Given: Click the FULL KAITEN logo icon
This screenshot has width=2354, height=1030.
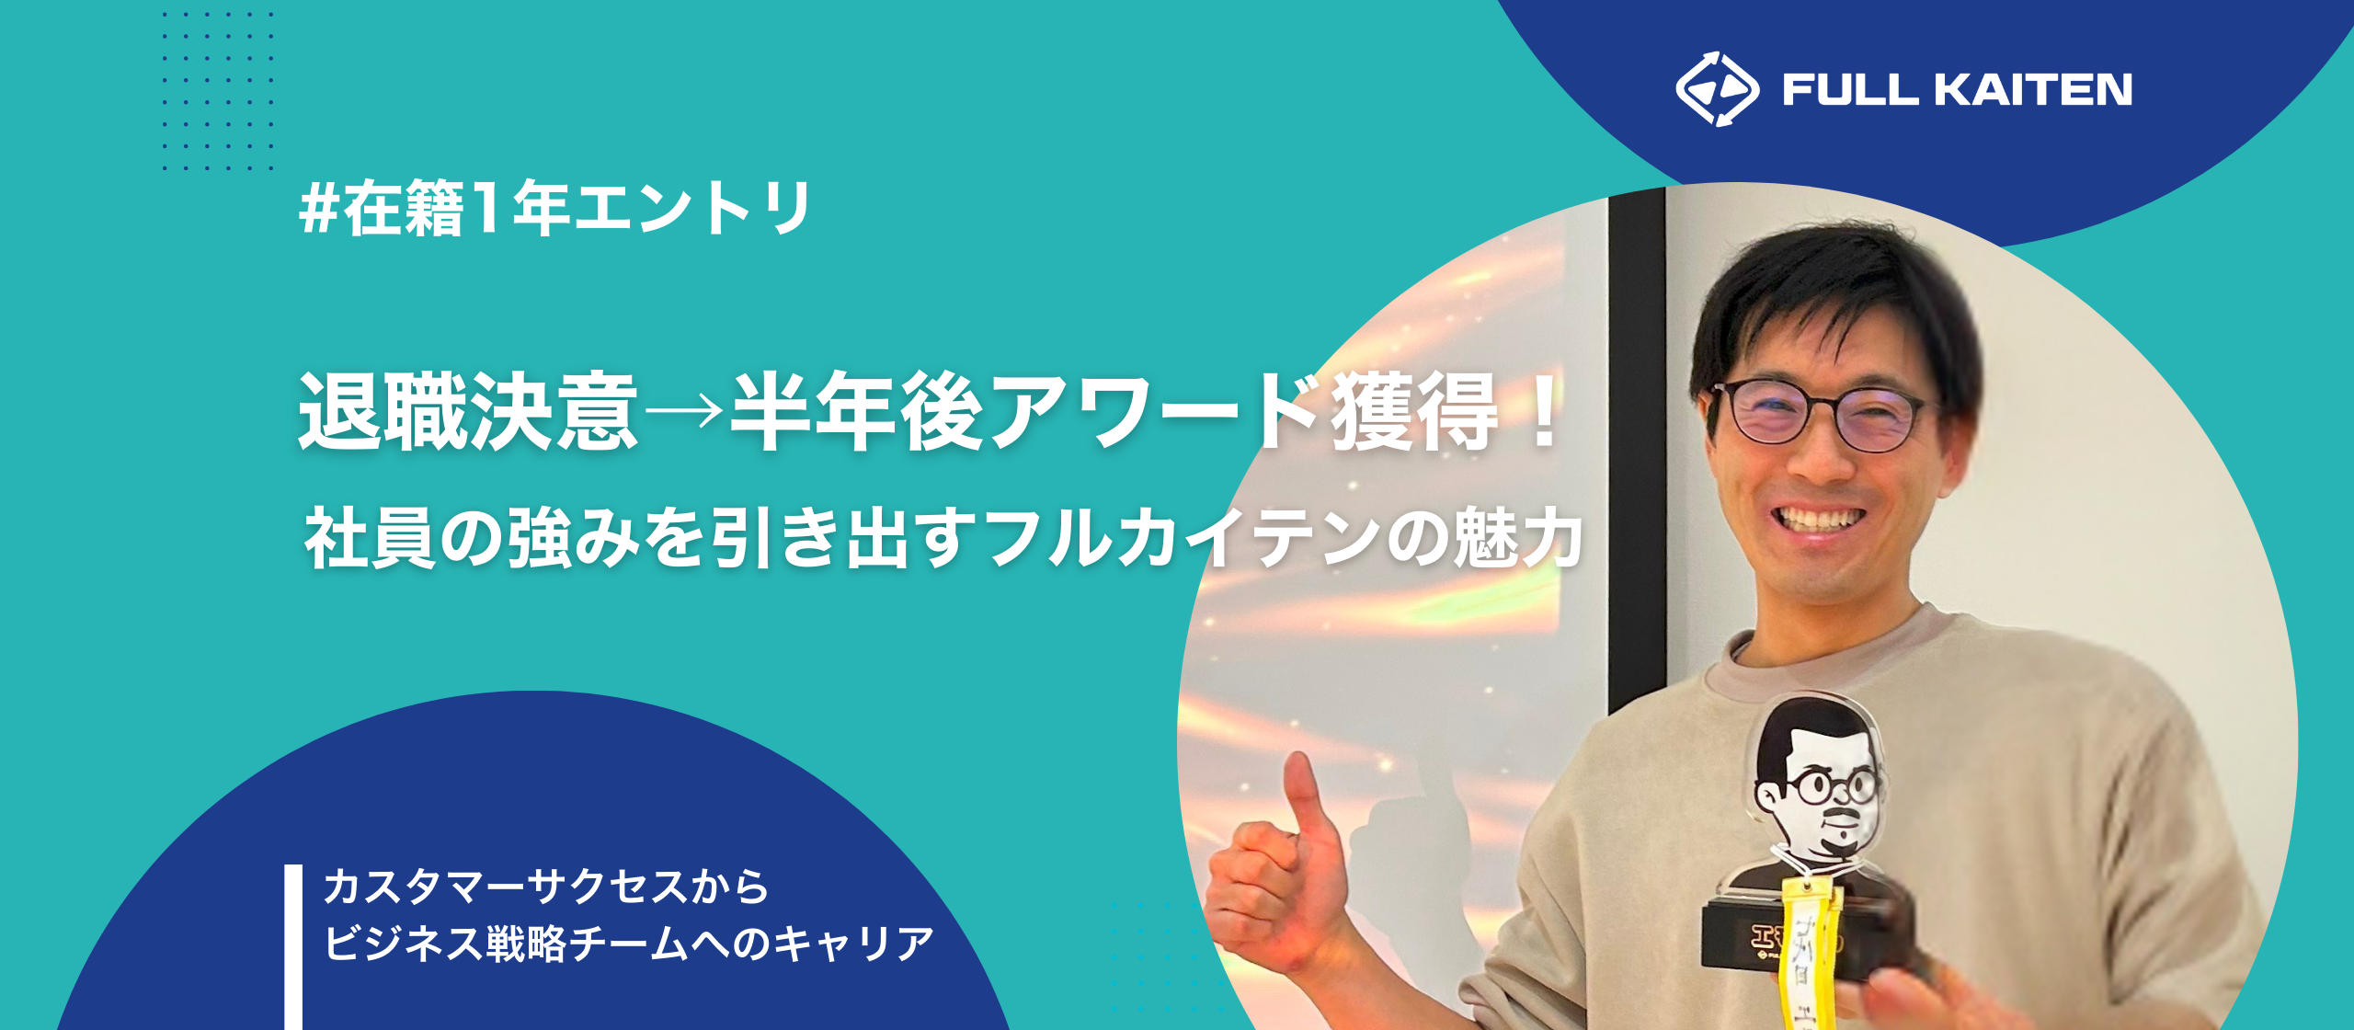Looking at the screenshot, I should [x=1716, y=89].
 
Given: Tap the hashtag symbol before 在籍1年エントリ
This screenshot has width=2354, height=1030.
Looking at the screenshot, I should [x=318, y=210].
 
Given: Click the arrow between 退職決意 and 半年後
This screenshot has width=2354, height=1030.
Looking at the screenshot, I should [x=684, y=411].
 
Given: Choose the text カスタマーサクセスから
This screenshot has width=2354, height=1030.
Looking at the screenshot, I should [x=546, y=887].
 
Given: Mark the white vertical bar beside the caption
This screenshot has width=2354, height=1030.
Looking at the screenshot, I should [x=293, y=947].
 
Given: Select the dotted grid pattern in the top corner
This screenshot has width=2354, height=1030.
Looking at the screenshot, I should [x=218, y=90].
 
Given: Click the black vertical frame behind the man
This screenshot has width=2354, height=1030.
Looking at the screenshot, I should [x=1637, y=441].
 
